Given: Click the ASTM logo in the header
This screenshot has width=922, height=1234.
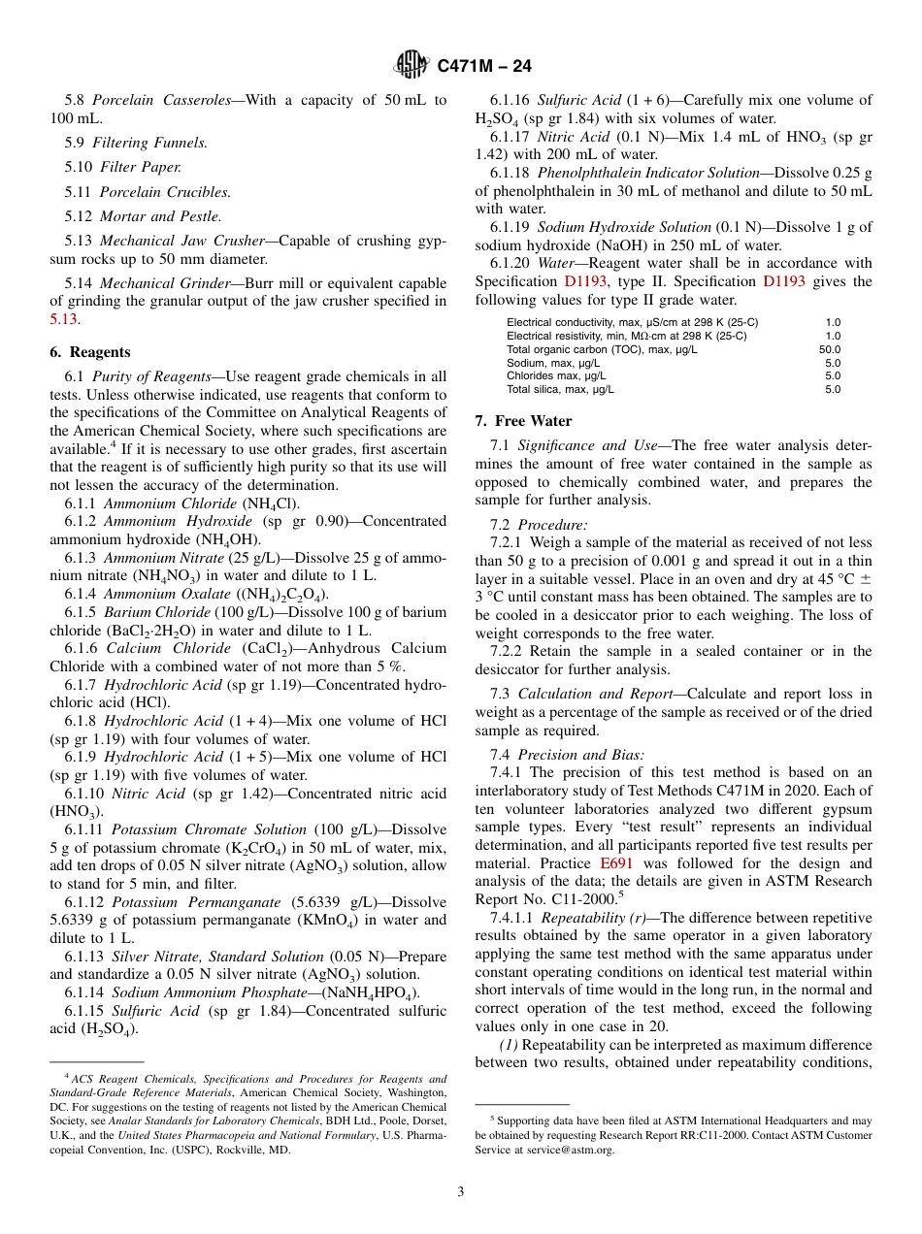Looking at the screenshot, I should [412, 65].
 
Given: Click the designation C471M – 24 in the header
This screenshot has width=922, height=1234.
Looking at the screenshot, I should [484, 66].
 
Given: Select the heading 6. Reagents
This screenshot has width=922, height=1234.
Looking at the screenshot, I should [89, 352].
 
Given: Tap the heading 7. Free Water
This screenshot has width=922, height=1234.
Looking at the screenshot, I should [523, 421].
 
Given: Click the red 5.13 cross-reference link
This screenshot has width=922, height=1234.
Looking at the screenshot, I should [63, 318].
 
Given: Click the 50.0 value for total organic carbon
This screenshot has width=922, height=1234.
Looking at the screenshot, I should [830, 350].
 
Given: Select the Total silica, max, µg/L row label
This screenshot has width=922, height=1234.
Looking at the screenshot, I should [560, 389].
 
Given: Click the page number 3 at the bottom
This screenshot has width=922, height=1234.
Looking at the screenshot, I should [461, 1191].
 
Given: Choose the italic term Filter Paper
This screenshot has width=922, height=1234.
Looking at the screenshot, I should [140, 167].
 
